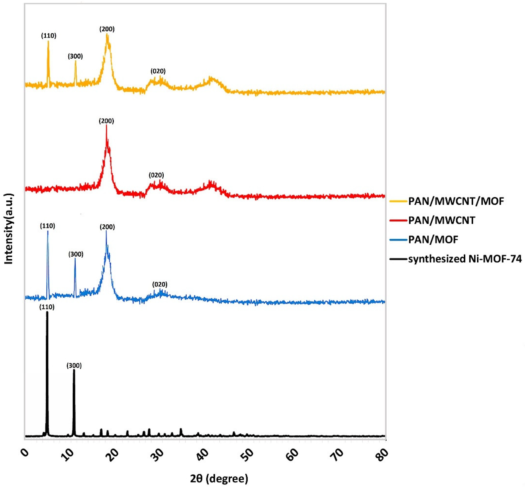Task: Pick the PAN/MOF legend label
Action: [x=433, y=240]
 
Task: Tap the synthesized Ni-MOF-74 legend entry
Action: [x=465, y=259]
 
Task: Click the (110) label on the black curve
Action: [x=47, y=307]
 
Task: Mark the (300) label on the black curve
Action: [x=74, y=366]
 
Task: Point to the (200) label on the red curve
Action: [x=106, y=121]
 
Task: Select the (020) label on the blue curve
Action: [x=160, y=284]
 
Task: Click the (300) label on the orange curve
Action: [x=75, y=56]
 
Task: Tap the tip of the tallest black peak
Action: [x=47, y=312]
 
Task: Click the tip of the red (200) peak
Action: [x=106, y=125]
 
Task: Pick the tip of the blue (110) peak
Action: [x=48, y=231]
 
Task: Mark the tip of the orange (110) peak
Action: [x=48, y=41]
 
